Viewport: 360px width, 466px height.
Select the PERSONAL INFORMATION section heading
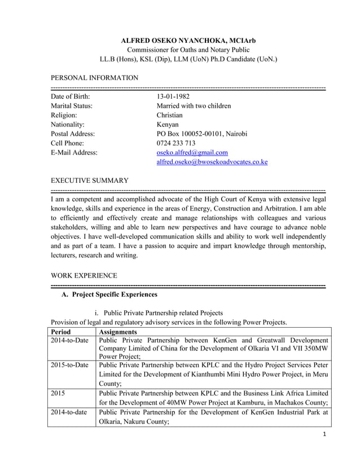point(94,77)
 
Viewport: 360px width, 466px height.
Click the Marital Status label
point(72,105)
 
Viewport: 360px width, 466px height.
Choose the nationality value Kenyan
point(168,124)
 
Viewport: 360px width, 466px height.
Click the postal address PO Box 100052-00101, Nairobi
point(201,134)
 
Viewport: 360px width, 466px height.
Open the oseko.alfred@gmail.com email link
point(192,152)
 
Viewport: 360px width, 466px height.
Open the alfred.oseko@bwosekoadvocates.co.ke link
point(212,162)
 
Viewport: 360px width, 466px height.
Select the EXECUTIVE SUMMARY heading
point(90,181)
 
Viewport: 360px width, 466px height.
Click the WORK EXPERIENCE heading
point(84,275)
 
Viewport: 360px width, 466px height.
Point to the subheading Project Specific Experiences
point(109,294)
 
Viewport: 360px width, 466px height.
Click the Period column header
point(61,332)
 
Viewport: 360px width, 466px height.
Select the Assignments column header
point(117,332)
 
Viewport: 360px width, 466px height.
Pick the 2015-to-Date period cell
point(69,365)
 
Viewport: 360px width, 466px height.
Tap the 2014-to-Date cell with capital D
point(69,341)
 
